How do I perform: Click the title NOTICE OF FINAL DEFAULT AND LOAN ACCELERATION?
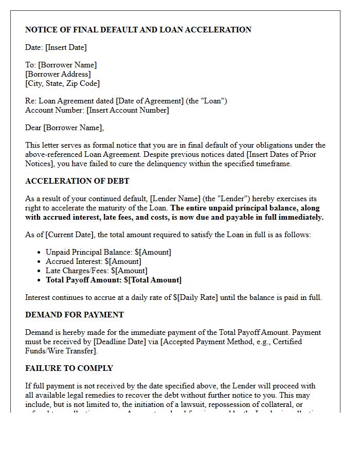(138, 30)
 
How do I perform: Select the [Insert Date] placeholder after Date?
(66, 47)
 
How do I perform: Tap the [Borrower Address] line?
(58, 74)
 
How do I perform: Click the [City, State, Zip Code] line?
(62, 83)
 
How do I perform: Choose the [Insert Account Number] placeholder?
(128, 110)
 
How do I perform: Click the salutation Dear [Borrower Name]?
(64, 128)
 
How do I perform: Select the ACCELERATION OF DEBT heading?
(77, 181)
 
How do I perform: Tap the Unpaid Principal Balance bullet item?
(108, 252)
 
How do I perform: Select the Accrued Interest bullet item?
(93, 261)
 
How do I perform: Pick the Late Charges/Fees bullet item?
(96, 271)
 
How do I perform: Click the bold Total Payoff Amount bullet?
(113, 280)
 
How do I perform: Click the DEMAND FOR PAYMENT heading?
(75, 315)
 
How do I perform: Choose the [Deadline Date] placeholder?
(118, 342)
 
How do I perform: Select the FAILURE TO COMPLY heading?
(69, 368)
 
